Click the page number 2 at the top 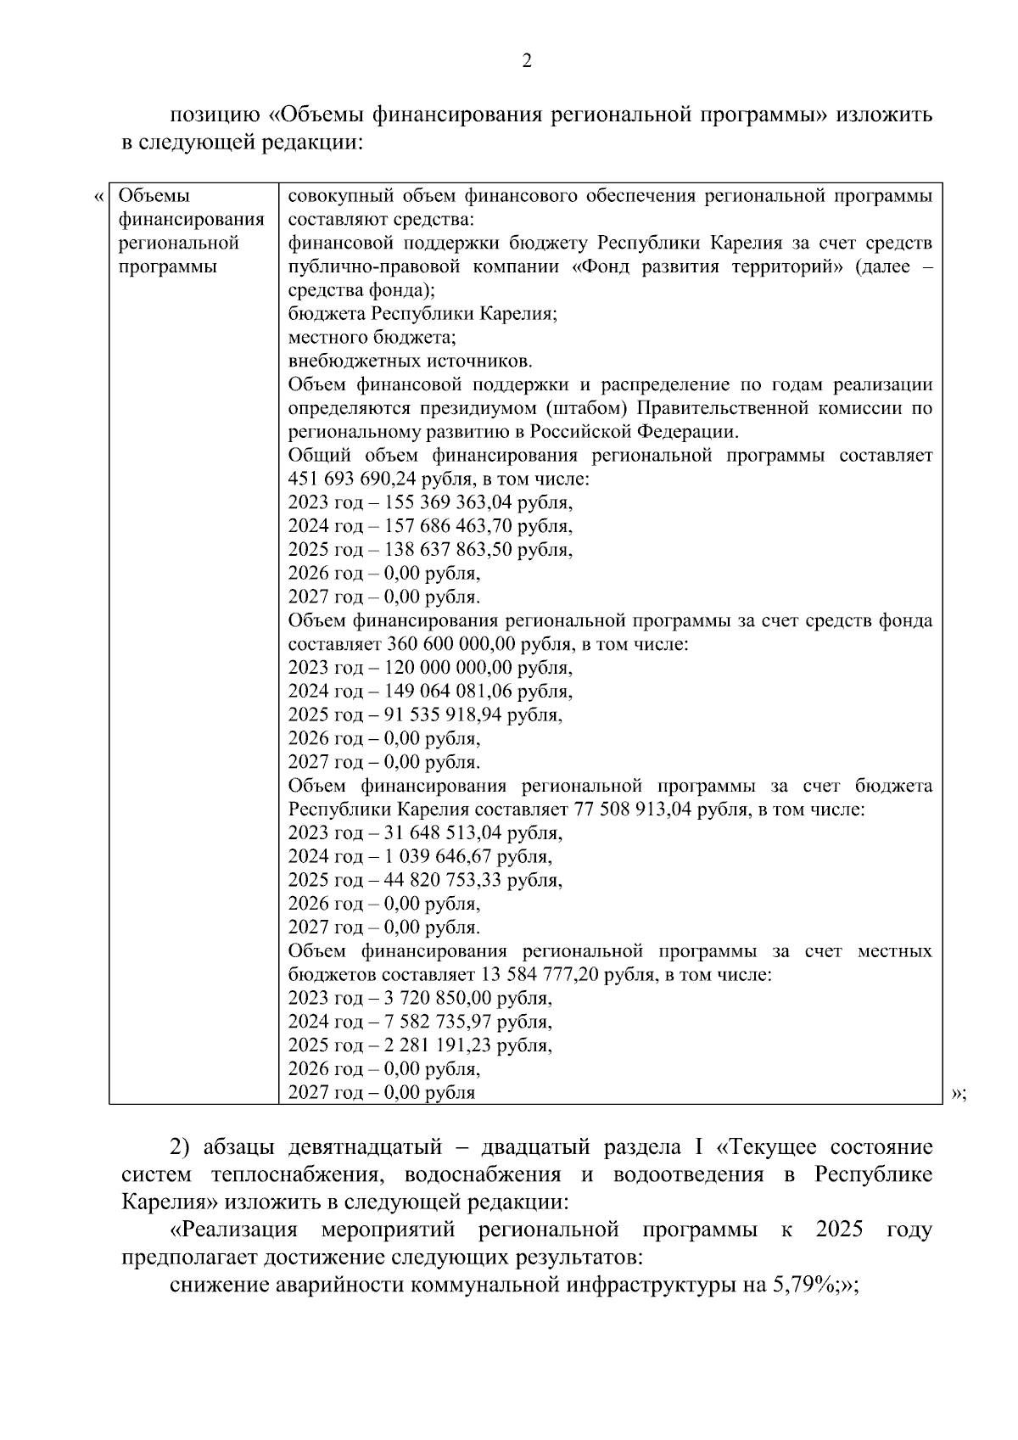click(526, 60)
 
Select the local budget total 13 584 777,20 click(551, 975)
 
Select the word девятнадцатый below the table click(378, 1149)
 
